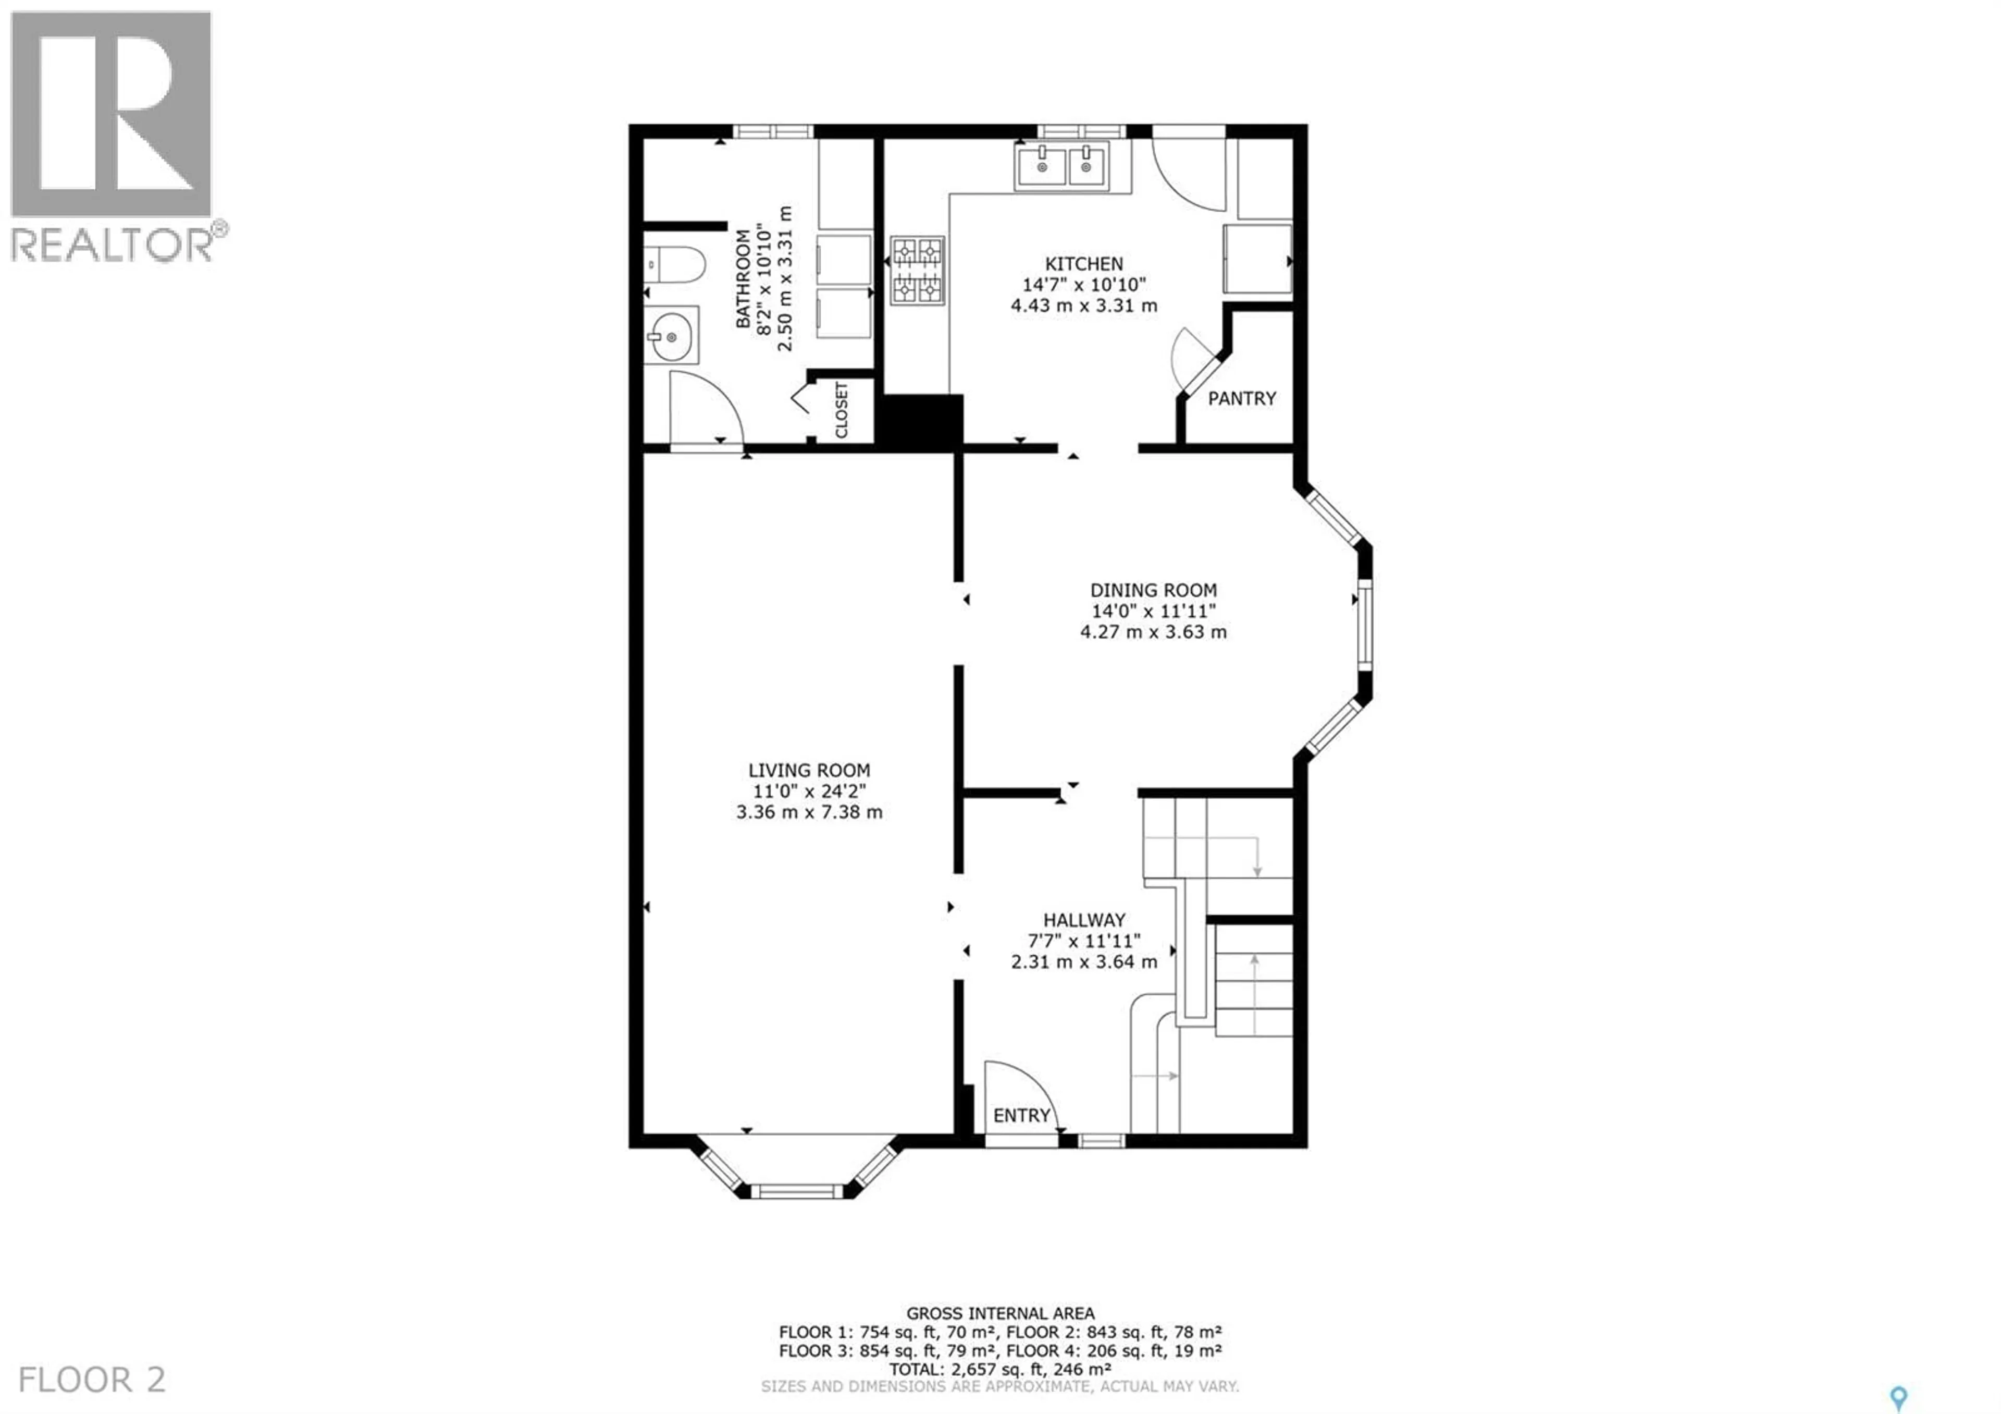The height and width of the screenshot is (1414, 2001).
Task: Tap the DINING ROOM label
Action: point(1153,590)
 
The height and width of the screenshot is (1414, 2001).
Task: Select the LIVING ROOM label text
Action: point(809,771)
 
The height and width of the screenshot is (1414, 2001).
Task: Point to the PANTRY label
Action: point(1241,398)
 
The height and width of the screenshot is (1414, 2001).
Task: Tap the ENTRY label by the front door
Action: point(1021,1116)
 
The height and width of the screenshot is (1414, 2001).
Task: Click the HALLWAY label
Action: point(1084,920)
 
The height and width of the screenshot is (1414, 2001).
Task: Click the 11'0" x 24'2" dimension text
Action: point(809,791)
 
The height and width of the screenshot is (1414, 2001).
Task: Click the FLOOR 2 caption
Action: point(92,1380)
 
